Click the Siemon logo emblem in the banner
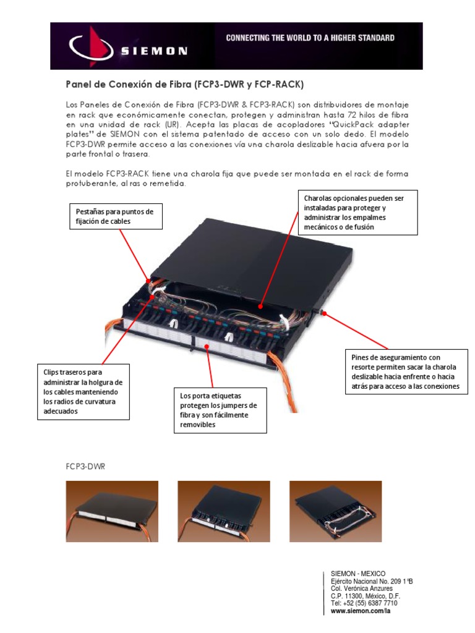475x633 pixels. [92, 46]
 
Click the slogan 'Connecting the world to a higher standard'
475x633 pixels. [310, 38]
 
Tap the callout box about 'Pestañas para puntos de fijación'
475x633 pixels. [114, 216]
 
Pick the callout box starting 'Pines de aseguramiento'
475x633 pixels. [406, 372]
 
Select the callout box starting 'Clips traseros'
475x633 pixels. [83, 393]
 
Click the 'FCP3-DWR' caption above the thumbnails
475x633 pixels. [86, 467]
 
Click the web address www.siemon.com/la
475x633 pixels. [361, 611]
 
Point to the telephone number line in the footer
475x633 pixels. [364, 603]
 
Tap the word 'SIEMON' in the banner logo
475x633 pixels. [154, 51]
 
